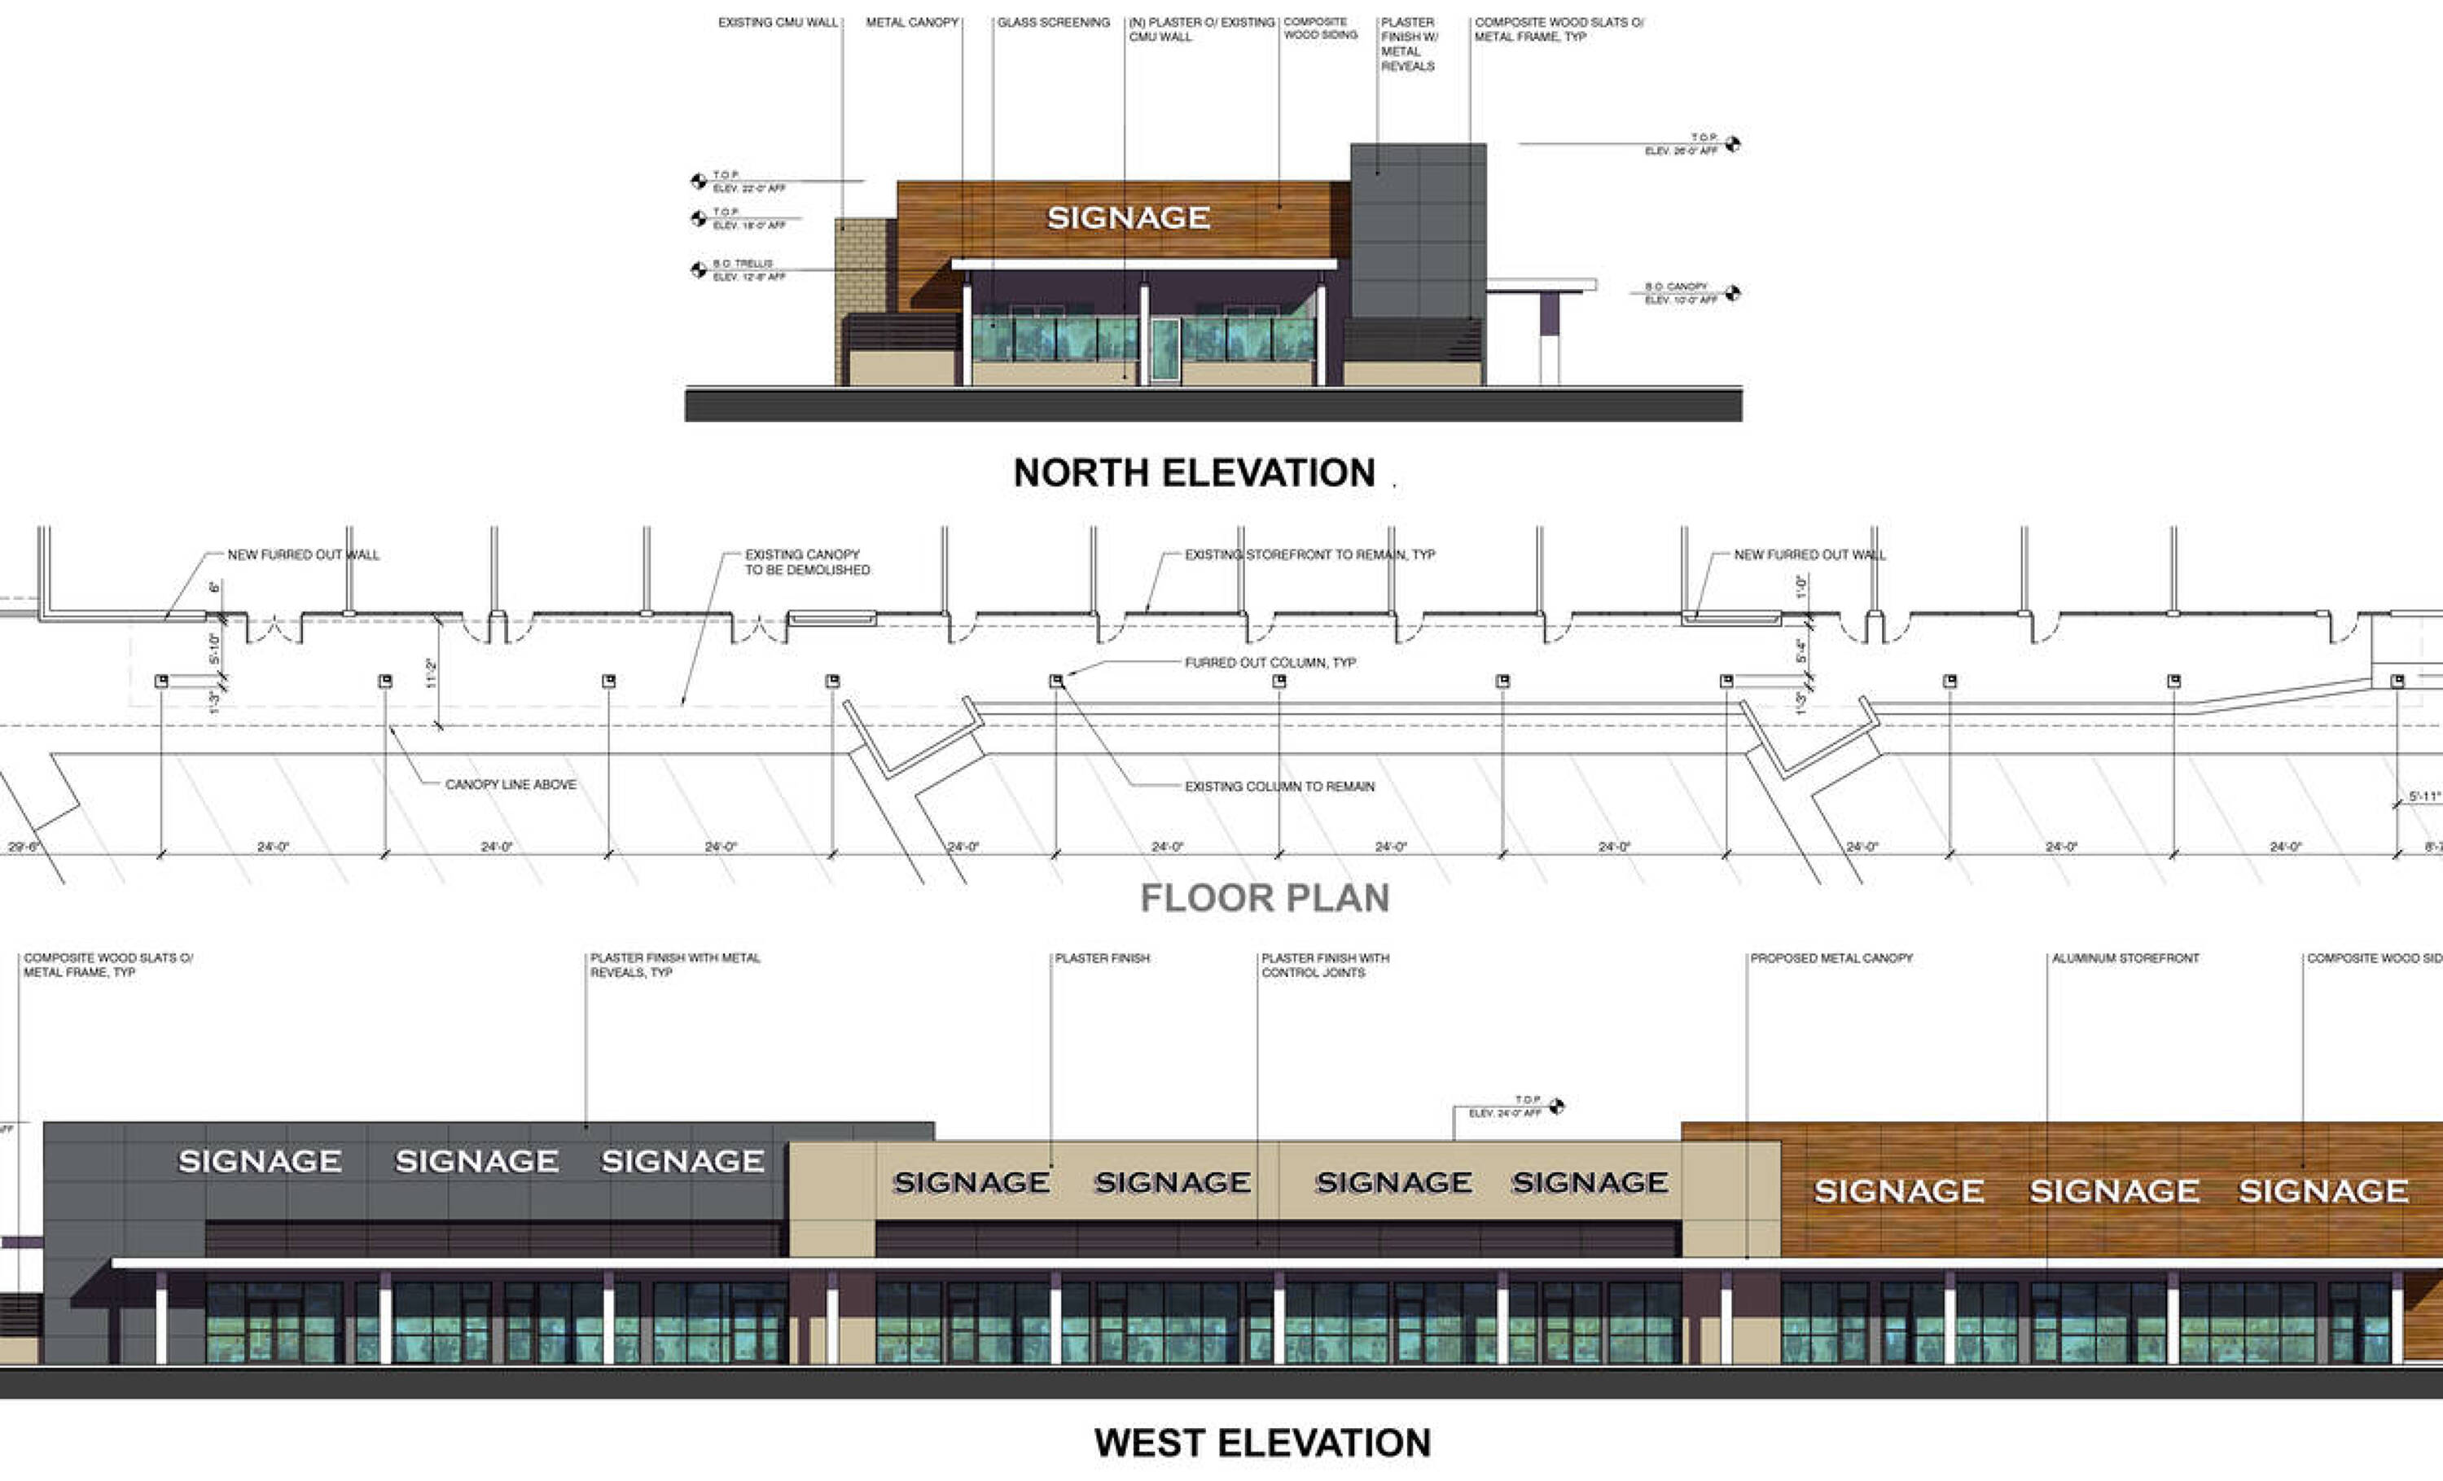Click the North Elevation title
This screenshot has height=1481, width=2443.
click(x=1194, y=473)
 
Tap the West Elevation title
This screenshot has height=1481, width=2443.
click(x=1262, y=1443)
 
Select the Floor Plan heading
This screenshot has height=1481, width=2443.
click(x=1264, y=898)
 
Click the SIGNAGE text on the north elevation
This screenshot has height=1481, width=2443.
click(x=1129, y=218)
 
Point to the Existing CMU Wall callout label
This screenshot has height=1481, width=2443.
click(x=779, y=22)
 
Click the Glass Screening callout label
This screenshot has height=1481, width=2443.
click(x=1053, y=22)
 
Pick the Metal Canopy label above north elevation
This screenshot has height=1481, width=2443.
click(x=912, y=22)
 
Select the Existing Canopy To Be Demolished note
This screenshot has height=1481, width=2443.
click(x=807, y=562)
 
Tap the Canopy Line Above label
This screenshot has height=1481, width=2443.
click(x=511, y=784)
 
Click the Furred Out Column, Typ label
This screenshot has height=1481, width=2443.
click(x=1270, y=662)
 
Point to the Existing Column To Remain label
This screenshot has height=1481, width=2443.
click(x=1279, y=787)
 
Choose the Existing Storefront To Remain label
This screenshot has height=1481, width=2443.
click(x=1309, y=554)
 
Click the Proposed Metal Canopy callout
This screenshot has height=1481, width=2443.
click(x=1831, y=958)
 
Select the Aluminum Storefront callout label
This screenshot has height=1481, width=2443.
click(x=2125, y=958)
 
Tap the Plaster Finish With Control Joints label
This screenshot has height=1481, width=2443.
click(x=1325, y=966)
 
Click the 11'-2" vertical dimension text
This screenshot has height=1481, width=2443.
click(x=430, y=674)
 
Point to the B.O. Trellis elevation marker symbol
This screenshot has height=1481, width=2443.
click(x=698, y=269)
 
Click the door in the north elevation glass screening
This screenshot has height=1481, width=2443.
click(x=1165, y=350)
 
